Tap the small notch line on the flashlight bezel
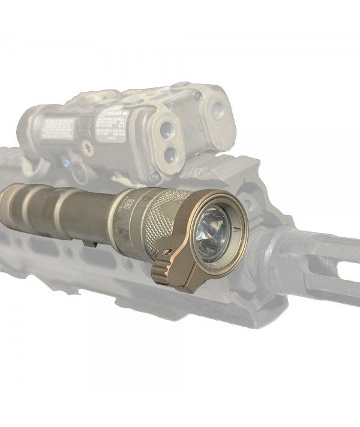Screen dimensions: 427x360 click(238, 228)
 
